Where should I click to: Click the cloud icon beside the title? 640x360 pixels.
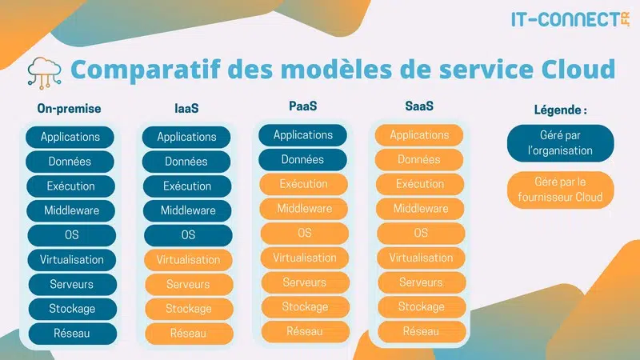click(45, 70)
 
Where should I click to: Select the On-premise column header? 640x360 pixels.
click(70, 109)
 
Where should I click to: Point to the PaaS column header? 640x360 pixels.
click(303, 106)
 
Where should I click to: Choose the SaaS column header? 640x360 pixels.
click(419, 106)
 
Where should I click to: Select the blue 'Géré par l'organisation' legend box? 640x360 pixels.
click(560, 143)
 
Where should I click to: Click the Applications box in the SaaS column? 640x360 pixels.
click(420, 135)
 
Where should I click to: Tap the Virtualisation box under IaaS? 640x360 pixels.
click(188, 260)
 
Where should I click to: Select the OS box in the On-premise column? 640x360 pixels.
click(70, 235)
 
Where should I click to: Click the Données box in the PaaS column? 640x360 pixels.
click(303, 160)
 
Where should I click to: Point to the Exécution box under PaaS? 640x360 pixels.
click(303, 184)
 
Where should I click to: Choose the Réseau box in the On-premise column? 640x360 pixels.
click(70, 334)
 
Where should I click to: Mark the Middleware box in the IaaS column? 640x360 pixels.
click(188, 211)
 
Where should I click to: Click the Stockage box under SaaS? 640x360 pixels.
click(420, 307)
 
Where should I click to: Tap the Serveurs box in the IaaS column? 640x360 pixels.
click(188, 285)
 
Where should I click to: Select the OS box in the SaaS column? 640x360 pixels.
click(420, 234)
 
